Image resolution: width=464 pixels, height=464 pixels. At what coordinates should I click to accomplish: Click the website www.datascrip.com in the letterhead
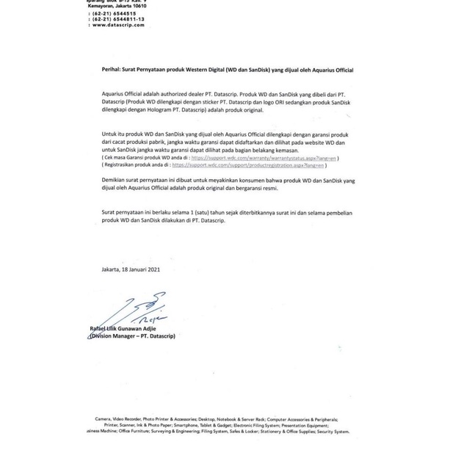tap(118, 25)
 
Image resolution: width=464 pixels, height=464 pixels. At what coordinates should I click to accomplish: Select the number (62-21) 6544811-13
tap(118, 19)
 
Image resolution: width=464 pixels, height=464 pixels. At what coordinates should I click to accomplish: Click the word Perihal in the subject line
tap(111, 70)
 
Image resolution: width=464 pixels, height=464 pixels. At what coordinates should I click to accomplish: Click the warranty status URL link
tap(264, 158)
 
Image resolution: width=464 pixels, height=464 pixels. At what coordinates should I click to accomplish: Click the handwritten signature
tap(139, 308)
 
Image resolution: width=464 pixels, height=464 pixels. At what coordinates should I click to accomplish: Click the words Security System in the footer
tap(333, 432)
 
